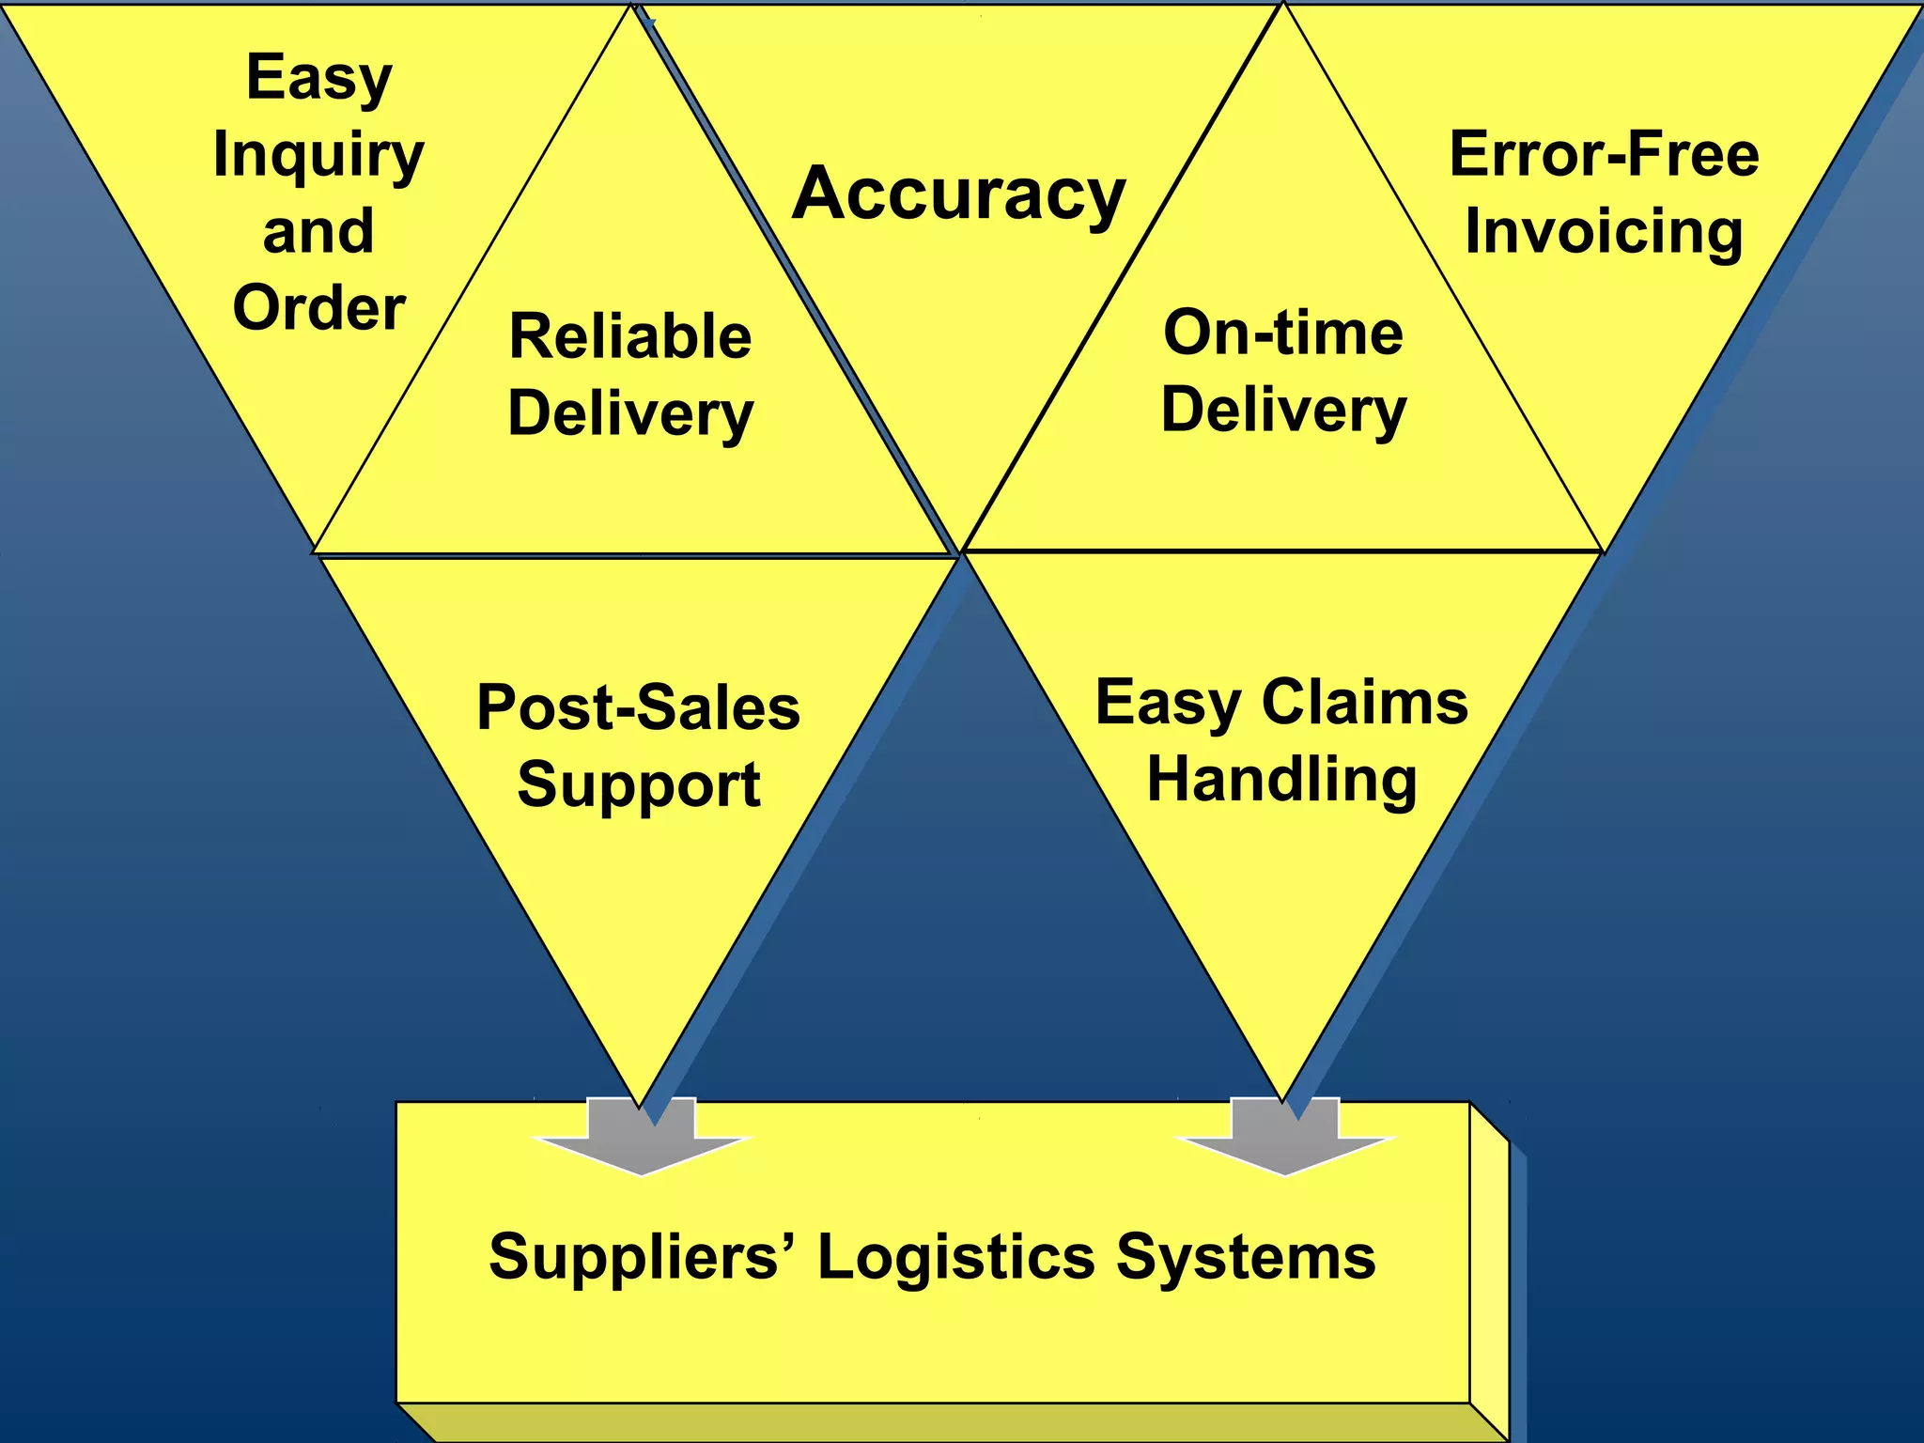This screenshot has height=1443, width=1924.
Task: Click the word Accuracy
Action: pyautogui.click(x=958, y=194)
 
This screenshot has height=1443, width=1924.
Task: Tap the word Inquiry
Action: pyautogui.click(x=318, y=155)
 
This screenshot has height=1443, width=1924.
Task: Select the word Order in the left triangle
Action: pyautogui.click(x=318, y=308)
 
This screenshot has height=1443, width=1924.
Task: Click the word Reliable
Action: pyautogui.click(x=630, y=336)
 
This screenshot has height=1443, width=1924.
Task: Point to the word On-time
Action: pyautogui.click(x=1283, y=333)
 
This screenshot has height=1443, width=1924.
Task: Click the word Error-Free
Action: pyautogui.click(x=1604, y=154)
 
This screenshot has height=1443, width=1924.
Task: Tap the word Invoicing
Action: pyautogui.click(x=1604, y=231)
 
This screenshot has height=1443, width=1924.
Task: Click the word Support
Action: pyautogui.click(x=638, y=784)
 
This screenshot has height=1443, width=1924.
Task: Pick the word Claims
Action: pyautogui.click(x=1364, y=702)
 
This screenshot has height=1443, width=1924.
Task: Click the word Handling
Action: pyautogui.click(x=1281, y=780)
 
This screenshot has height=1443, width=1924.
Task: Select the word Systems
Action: pyautogui.click(x=1246, y=1257)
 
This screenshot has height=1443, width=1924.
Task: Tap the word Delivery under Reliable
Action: pyautogui.click(x=630, y=413)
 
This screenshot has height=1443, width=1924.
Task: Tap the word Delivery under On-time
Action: pyautogui.click(x=1283, y=410)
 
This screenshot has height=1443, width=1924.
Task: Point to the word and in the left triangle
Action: pyautogui.click(x=318, y=231)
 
